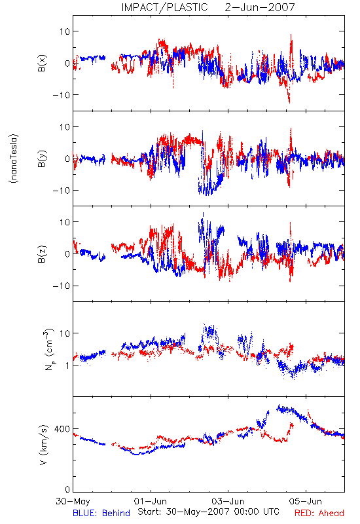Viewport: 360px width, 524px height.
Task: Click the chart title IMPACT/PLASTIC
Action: [165, 7]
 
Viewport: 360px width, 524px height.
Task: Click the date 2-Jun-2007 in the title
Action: [260, 7]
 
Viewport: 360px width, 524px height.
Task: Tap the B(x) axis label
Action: [42, 63]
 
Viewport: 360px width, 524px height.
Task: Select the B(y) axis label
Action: [42, 159]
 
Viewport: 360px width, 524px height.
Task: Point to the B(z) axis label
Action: [42, 254]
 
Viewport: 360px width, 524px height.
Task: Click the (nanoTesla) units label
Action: [14, 159]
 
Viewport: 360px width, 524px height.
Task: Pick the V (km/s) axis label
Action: [43, 445]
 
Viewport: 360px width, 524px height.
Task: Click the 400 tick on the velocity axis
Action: [62, 429]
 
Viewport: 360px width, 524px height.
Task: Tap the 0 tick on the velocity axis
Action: [67, 489]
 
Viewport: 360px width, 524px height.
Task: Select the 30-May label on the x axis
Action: [73, 501]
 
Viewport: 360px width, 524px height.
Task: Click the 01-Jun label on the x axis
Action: [151, 501]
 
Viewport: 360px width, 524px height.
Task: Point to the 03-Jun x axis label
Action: [228, 501]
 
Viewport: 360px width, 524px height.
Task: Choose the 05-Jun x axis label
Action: [306, 501]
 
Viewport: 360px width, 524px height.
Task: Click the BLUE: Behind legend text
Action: [101, 513]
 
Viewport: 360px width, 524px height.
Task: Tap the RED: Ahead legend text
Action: [319, 513]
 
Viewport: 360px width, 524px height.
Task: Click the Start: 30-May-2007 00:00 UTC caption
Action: [208, 512]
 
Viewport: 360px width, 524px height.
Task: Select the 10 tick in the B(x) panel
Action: [65, 31]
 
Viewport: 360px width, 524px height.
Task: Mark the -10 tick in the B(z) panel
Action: [62, 286]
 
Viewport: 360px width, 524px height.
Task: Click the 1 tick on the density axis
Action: [68, 365]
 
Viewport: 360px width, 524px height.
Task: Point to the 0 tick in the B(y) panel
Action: [67, 159]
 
